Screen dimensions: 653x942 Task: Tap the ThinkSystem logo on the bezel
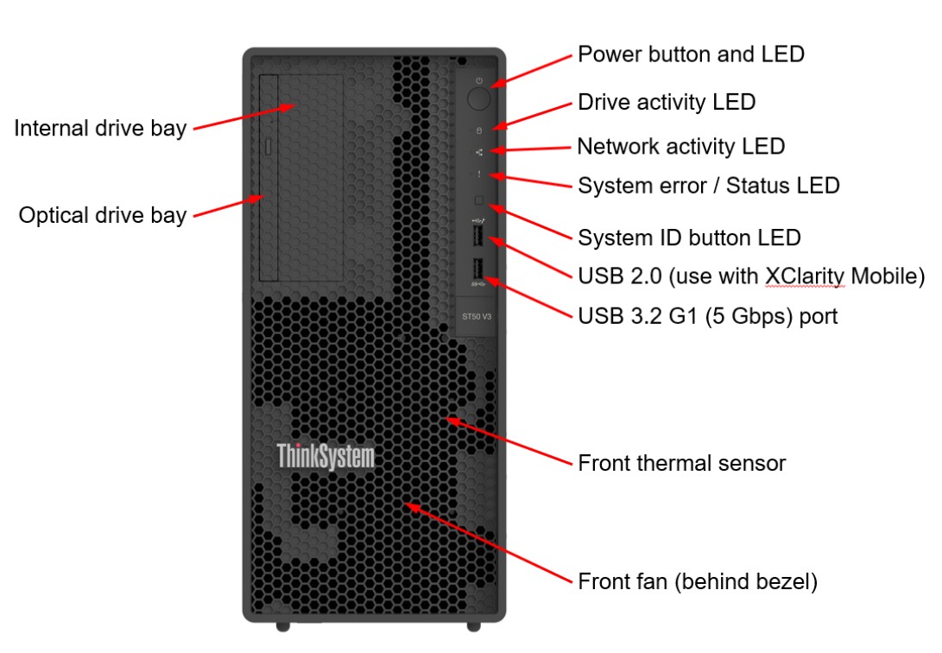pyautogui.click(x=326, y=456)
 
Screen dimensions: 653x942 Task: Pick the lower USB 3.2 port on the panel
pyautogui.click(x=478, y=269)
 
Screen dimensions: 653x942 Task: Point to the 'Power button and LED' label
pyautogui.click(x=691, y=54)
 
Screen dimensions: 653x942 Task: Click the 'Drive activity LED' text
pyautogui.click(x=666, y=102)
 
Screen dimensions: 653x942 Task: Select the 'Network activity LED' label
pyautogui.click(x=680, y=146)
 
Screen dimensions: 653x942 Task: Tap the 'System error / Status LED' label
pyautogui.click(x=708, y=186)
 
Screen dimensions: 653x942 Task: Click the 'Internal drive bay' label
pyautogui.click(x=100, y=129)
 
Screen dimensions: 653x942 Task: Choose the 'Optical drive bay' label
pyautogui.click(x=103, y=215)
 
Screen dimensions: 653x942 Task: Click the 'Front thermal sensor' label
pyautogui.click(x=681, y=463)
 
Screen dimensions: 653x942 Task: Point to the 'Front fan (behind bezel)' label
pyautogui.click(x=697, y=581)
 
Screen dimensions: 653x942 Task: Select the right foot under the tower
pyautogui.click(x=473, y=624)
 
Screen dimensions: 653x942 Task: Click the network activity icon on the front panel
pyautogui.click(x=479, y=153)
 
